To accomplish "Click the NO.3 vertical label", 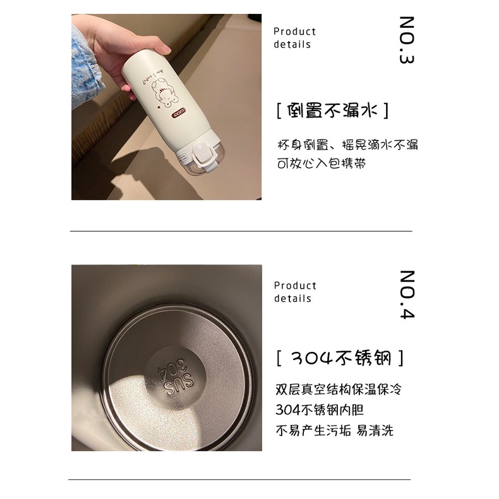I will (407, 41).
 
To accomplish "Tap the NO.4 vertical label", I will (407, 294).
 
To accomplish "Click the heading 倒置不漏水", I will (332, 111).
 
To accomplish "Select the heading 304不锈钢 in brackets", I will (340, 359).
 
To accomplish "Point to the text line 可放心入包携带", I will (322, 164).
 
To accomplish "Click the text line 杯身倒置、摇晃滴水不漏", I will (347, 145).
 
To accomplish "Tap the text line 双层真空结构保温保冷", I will (339, 389).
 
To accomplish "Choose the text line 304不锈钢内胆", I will (320, 409).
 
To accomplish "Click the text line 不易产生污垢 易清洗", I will (334, 431).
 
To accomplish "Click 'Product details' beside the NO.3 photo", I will (294, 38).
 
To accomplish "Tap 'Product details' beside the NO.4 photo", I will (294, 292).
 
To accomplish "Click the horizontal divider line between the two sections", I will (240, 231).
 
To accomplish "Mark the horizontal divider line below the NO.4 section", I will (240, 480).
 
